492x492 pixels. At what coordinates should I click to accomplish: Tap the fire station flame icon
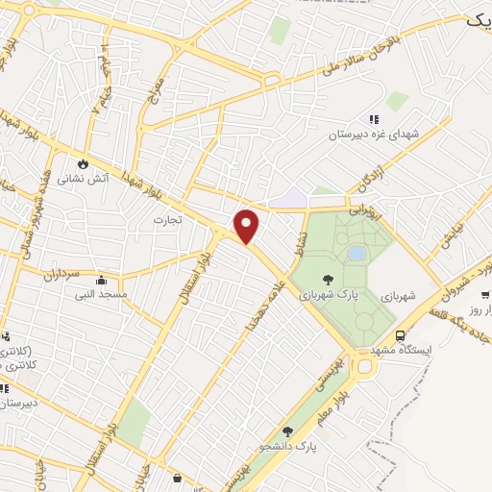[x=85, y=163]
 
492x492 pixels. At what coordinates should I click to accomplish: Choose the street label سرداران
[x=63, y=274]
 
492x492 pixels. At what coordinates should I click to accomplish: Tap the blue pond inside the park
[x=357, y=253]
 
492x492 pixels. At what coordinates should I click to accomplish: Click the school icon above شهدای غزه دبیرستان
[x=374, y=119]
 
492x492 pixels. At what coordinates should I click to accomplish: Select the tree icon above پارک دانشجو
[x=287, y=431]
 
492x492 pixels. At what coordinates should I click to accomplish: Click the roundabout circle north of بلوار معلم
[x=363, y=364]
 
